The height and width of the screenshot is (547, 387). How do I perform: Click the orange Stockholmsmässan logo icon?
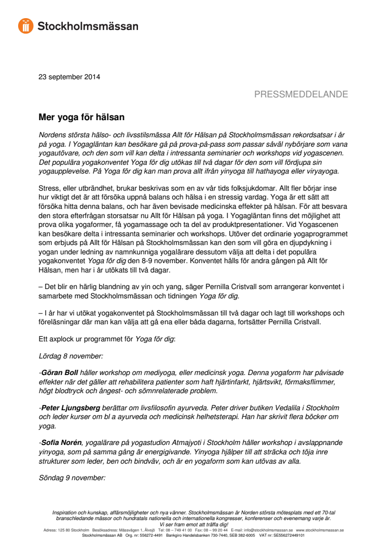(x=25, y=26)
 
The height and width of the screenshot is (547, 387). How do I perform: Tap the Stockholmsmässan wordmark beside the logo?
(x=88, y=26)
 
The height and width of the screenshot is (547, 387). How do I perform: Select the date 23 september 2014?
(x=70, y=77)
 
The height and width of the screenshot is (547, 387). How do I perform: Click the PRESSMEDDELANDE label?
(x=301, y=94)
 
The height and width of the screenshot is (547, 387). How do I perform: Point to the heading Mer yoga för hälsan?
(x=81, y=118)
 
